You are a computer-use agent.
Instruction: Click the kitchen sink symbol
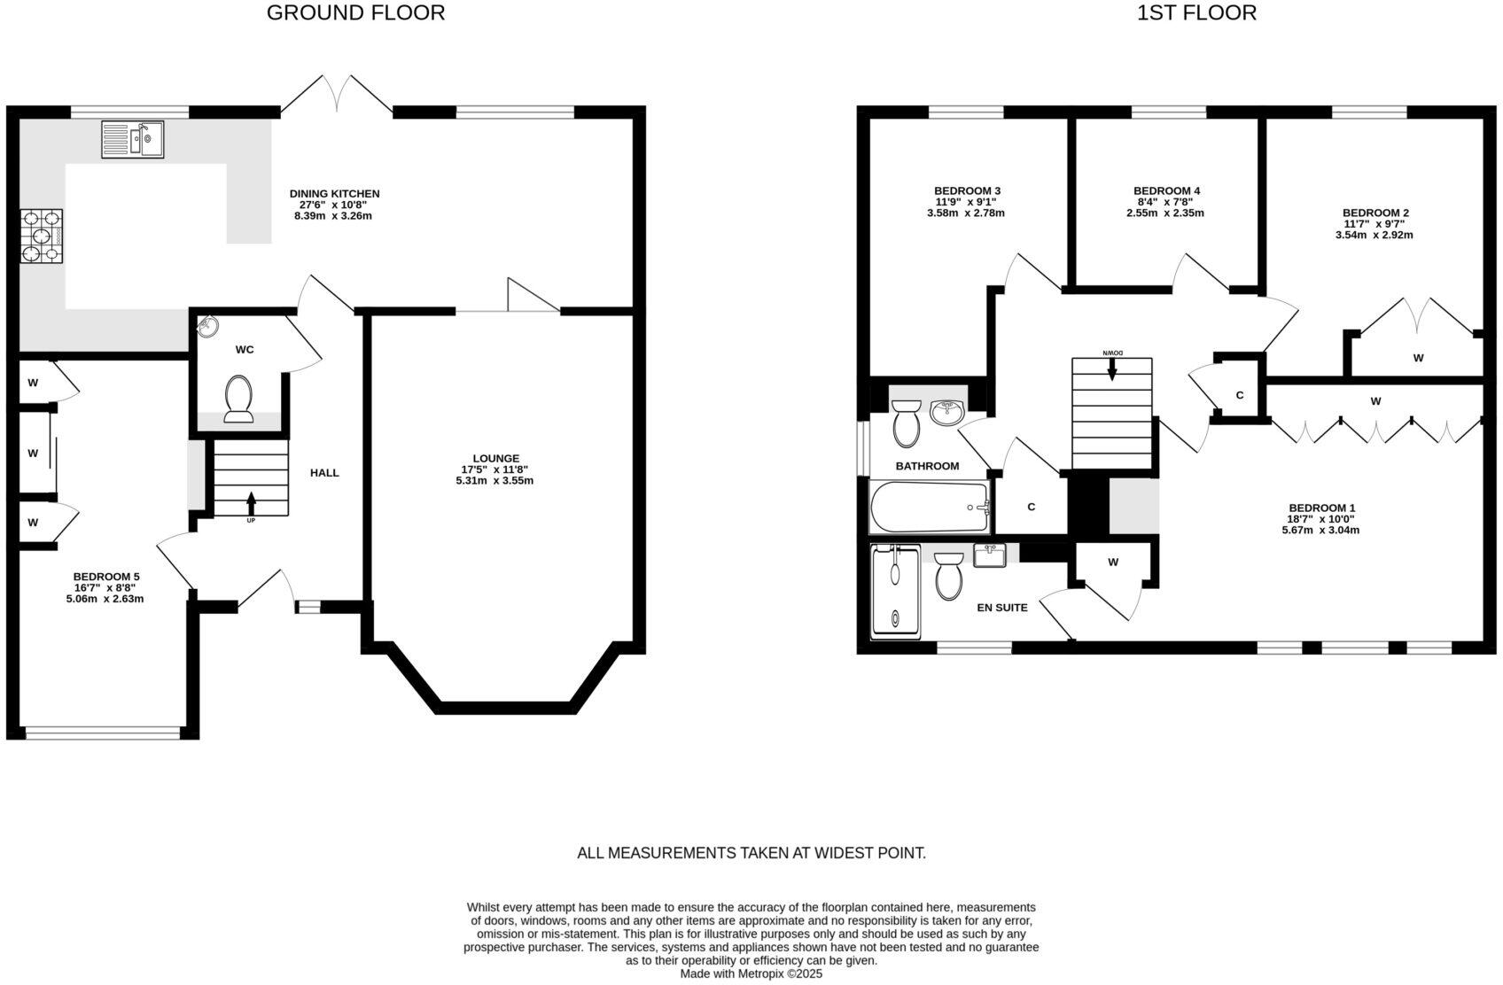pos(133,140)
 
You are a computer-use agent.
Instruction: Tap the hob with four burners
pos(42,237)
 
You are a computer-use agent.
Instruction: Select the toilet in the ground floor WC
pos(238,399)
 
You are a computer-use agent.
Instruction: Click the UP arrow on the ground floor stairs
pos(251,502)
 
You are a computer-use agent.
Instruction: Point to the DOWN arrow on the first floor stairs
pos(1112,368)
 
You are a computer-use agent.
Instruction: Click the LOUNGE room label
pos(495,458)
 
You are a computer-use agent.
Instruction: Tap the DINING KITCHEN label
pos(334,193)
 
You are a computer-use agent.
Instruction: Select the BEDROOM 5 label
pos(105,576)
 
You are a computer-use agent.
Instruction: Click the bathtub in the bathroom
pos(930,507)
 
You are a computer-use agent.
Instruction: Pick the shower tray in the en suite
pos(896,591)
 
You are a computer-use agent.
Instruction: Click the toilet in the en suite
pos(949,577)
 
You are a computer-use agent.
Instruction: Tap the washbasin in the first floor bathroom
pos(947,412)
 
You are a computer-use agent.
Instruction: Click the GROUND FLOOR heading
pos(355,12)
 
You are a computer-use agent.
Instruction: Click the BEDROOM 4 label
pos(1166,190)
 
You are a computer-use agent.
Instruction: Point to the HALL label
pos(324,473)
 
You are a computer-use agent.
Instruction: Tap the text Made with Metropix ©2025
pos(751,973)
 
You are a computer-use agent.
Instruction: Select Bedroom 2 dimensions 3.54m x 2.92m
pos(1374,236)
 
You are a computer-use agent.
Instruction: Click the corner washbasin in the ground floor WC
pos(207,327)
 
